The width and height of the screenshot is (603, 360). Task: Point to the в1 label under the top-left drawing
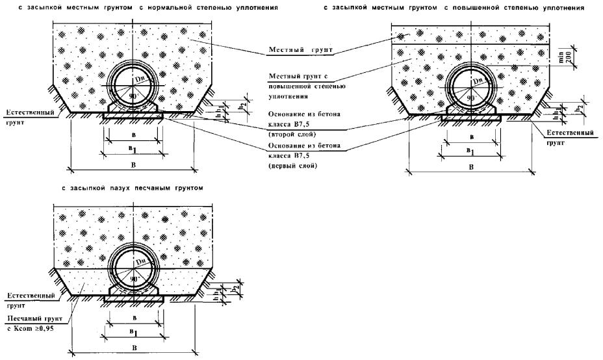pos(134,149)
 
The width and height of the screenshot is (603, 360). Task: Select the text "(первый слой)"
pos(290,166)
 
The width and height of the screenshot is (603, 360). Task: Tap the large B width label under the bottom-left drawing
pos(135,348)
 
